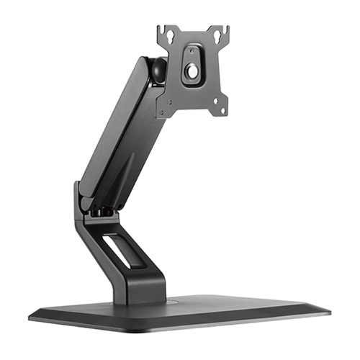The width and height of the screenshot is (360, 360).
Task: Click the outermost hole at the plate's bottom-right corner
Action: click(222, 110)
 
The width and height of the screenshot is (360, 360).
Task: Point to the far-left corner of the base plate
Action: click(30, 315)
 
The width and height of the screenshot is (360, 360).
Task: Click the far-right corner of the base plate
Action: click(329, 310)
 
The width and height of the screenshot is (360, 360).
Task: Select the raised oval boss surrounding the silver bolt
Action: click(193, 66)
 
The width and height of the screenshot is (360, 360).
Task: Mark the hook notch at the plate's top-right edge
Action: click(226, 30)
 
